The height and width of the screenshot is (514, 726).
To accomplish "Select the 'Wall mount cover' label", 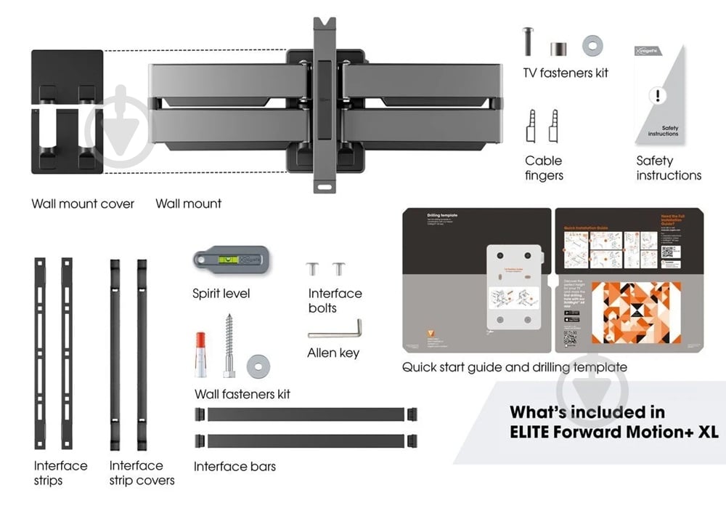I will coord(83,204).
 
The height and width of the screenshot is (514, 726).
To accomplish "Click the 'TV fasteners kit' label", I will coord(566,73).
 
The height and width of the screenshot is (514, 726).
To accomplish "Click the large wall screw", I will coord(228,345).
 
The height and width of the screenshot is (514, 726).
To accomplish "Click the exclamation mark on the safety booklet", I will coord(658,95).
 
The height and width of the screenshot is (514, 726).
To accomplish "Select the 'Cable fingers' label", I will coord(544,168).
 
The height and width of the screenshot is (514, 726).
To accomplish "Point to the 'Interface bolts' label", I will coord(335,300).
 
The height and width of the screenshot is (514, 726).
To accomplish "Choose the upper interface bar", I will coord(306,414).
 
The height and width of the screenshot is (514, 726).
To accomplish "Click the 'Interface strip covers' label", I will coord(142,473).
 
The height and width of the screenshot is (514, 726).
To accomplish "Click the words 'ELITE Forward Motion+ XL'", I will coord(614,432).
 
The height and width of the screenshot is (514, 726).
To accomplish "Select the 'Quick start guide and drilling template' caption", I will coord(515,367).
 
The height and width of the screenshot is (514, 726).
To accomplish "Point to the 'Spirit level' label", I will coord(221,294).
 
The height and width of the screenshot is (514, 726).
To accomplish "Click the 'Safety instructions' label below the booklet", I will coord(669,168).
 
